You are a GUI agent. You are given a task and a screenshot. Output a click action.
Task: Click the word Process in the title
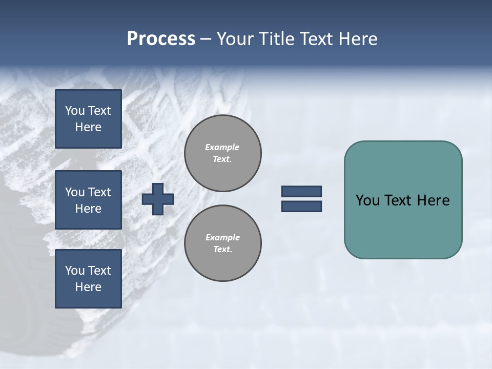coord(161,39)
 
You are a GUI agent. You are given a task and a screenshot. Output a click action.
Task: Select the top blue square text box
coord(88,119)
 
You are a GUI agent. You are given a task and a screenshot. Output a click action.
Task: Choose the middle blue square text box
coord(88,200)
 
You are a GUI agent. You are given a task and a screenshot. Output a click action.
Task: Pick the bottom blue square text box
coord(88,279)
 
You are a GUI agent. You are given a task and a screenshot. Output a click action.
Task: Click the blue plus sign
coord(158,199)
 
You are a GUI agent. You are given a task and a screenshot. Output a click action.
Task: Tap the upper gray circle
coord(222,153)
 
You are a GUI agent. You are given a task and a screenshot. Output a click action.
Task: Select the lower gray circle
coord(222,243)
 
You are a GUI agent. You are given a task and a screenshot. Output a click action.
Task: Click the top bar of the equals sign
coord(301,191)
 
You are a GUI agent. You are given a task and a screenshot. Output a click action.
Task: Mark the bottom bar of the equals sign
coord(301,206)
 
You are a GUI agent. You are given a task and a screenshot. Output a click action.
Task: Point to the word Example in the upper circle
coord(222,147)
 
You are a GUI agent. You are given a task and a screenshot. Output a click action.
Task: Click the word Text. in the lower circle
coord(222,250)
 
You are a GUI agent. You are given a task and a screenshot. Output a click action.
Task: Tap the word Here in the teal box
coord(433,200)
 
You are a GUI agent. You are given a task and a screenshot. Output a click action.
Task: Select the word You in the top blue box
coord(74,111)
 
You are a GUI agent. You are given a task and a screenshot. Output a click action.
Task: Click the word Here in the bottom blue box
coord(88,287)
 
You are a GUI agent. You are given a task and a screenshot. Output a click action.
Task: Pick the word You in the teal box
coord(367,200)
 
